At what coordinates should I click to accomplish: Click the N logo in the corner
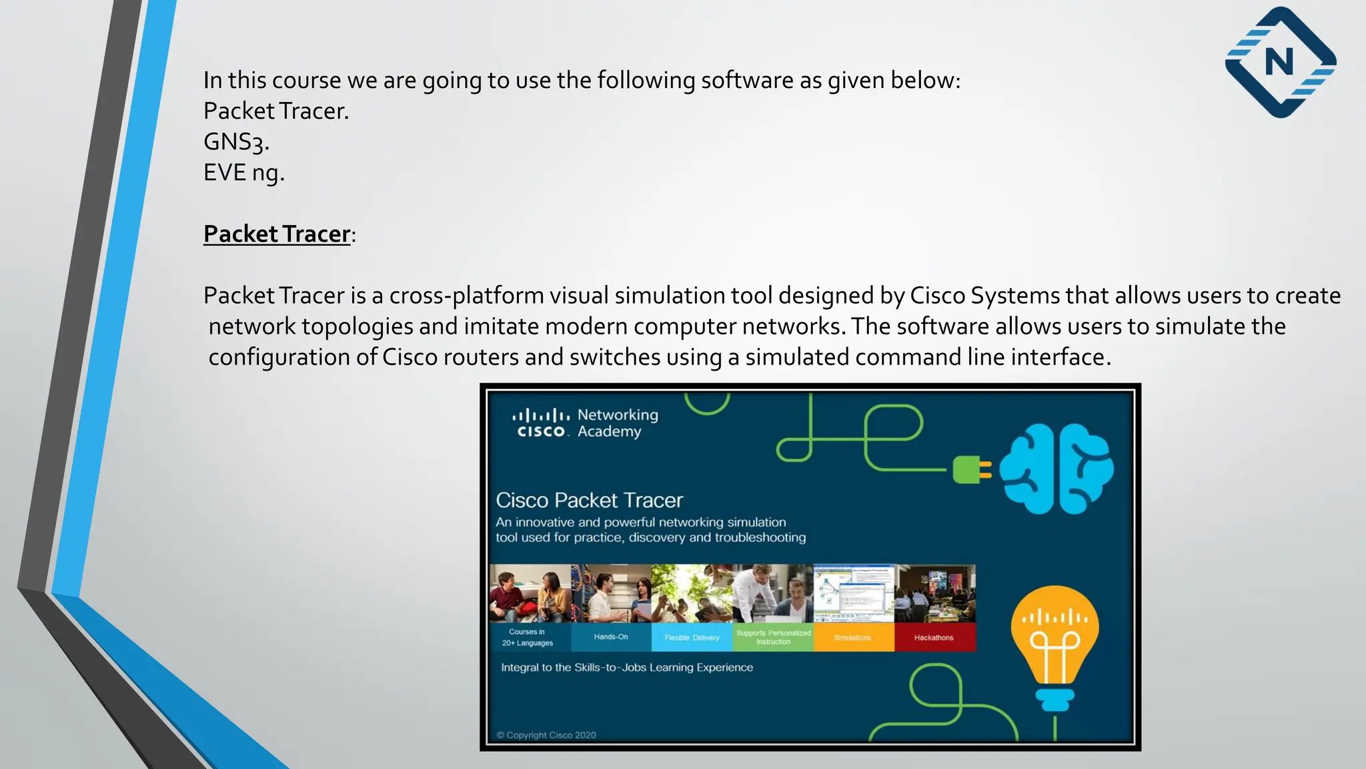click(1280, 63)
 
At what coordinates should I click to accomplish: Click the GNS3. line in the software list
click(236, 142)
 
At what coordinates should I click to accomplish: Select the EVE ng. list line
click(243, 172)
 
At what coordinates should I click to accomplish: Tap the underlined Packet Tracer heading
click(277, 234)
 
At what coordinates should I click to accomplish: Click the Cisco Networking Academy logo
click(585, 423)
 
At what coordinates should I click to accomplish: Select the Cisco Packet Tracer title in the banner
click(589, 500)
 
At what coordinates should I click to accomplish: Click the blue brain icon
click(1056, 469)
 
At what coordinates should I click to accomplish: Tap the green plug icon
click(970, 469)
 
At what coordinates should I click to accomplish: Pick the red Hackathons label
click(934, 637)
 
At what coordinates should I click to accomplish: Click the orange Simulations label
click(852, 637)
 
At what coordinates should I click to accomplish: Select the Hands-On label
click(610, 637)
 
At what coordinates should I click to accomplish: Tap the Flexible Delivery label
click(692, 637)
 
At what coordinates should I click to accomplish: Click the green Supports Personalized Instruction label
click(773, 637)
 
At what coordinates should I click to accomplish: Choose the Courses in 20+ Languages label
click(528, 637)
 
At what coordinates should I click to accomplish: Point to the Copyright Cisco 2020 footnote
click(546, 735)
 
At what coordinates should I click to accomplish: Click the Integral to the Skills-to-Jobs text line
click(626, 668)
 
